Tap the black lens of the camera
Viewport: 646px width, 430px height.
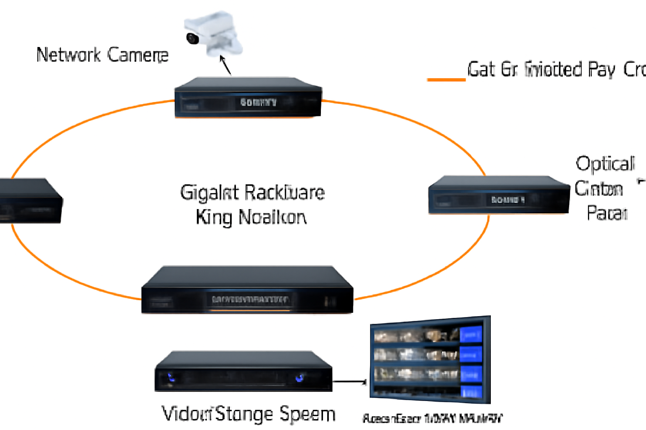coord(193,38)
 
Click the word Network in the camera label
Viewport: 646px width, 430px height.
coord(69,55)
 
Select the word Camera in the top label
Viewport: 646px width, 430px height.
coord(138,55)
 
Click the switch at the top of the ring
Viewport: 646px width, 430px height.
coord(248,97)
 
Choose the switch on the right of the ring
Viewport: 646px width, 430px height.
coord(499,195)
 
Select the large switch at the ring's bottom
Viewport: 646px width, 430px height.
coord(247,290)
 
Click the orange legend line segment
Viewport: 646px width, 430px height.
coord(446,79)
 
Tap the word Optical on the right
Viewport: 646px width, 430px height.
coord(605,164)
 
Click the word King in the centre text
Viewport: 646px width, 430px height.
coord(214,218)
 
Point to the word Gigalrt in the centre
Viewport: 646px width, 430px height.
coord(209,193)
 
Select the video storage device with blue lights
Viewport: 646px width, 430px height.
coord(244,372)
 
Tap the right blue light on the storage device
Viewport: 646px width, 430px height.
coord(299,378)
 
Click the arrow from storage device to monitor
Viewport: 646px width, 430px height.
coord(350,382)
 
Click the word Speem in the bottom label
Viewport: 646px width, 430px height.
coord(307,414)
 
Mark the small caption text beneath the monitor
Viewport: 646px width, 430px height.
coord(432,418)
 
